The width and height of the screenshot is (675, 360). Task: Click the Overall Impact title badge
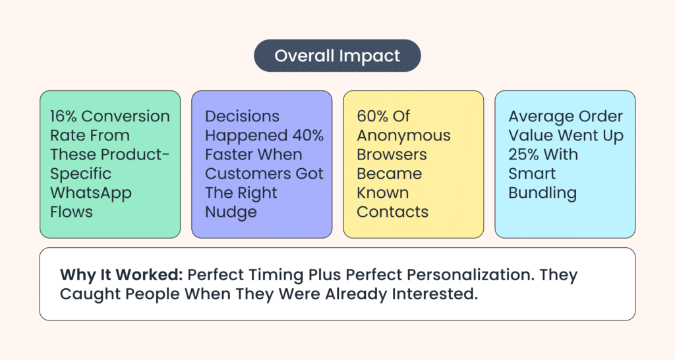point(337,55)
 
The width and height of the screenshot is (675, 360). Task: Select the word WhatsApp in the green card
point(91,193)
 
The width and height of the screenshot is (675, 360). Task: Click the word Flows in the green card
point(71,212)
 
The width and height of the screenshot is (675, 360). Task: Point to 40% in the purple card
point(308,135)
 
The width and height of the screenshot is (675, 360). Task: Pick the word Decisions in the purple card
point(243,116)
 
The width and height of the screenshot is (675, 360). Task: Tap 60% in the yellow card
point(372,116)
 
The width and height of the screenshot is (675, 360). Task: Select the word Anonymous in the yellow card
point(404,136)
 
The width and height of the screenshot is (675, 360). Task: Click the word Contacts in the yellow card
point(393,212)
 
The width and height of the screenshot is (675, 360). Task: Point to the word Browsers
point(392,154)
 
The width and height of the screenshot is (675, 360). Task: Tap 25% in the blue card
point(523,154)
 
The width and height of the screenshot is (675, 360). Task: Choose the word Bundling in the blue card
point(543,194)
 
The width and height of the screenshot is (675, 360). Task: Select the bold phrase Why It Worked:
point(122,275)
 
